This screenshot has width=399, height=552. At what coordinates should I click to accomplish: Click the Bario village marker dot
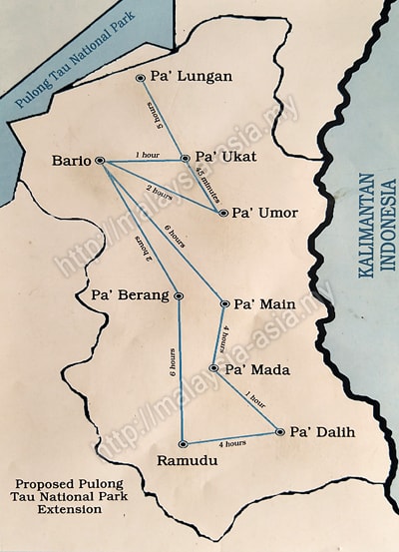[100, 161]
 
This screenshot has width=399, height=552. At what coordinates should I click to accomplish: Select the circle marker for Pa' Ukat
[185, 158]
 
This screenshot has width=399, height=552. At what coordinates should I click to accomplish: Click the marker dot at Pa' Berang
[178, 296]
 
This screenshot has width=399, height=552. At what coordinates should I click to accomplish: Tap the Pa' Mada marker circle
[213, 369]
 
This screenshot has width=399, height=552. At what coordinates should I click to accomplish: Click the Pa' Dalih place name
[322, 432]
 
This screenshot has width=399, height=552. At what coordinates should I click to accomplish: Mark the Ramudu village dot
[183, 443]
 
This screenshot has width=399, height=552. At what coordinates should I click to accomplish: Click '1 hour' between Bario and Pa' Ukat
[147, 155]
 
